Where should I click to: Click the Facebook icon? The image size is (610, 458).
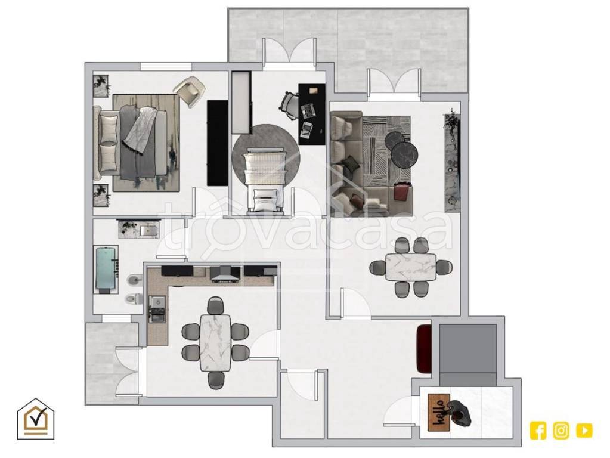click(x=538, y=431)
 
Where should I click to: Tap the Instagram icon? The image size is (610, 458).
click(x=561, y=431)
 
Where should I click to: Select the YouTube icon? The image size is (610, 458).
click(x=584, y=431)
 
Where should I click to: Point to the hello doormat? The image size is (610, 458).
click(x=439, y=413)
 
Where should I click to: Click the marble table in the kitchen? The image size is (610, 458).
click(x=215, y=342)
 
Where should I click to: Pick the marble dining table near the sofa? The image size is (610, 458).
click(x=411, y=267)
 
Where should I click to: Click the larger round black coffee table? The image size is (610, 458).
click(x=405, y=154)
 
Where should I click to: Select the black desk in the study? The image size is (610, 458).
click(x=312, y=114)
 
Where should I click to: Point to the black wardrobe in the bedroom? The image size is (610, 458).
click(x=217, y=143)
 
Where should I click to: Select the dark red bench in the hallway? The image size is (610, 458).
click(x=423, y=348)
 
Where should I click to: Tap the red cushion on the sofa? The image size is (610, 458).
click(x=403, y=192)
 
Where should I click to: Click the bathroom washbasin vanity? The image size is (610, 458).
click(x=139, y=230)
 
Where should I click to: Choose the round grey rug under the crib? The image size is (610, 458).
click(x=266, y=154)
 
